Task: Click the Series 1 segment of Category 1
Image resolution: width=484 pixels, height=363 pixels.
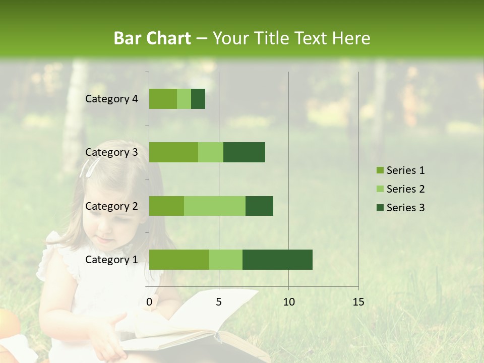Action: tap(179, 259)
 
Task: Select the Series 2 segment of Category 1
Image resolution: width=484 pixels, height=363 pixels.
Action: tap(226, 259)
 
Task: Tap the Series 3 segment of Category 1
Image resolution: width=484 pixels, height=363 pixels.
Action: tap(277, 259)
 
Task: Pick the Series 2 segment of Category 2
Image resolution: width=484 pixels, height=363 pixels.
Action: tap(215, 206)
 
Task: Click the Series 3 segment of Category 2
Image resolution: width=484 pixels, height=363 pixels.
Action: tap(259, 206)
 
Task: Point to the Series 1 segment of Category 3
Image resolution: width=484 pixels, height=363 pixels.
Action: tap(173, 152)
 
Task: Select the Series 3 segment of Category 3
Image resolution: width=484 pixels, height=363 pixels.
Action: tap(244, 152)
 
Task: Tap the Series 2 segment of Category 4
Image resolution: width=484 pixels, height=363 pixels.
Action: tap(184, 99)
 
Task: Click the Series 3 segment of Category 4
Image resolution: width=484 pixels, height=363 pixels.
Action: tap(198, 99)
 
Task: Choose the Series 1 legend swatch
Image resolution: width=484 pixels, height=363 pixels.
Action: tap(380, 170)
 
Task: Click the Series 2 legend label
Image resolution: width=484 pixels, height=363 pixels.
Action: tap(405, 189)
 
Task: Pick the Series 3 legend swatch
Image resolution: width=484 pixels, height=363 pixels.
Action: tap(380, 208)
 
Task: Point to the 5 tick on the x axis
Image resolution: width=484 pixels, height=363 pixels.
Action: tap(219, 302)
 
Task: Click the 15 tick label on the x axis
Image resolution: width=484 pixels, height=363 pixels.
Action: tap(358, 302)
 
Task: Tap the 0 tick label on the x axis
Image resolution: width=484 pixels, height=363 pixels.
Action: tap(149, 302)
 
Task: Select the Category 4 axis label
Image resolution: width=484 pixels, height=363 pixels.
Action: tap(111, 99)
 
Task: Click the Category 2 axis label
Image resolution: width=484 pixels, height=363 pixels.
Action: tap(111, 206)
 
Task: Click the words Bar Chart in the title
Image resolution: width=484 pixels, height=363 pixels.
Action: tap(152, 38)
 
